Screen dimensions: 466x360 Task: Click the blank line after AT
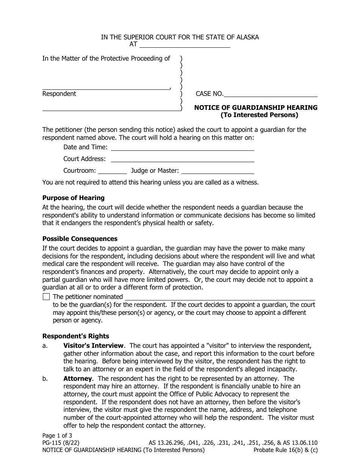[185, 44]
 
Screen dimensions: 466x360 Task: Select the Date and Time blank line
[182, 147]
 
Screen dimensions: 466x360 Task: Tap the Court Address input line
[182, 159]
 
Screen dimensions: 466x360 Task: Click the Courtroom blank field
[113, 171]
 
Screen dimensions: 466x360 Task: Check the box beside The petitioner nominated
[46, 297]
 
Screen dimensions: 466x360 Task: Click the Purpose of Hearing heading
[74, 198]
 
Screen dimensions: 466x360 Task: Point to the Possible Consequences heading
[80, 239]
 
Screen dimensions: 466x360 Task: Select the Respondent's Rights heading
[76, 336]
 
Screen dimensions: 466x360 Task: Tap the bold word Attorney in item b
[78, 378]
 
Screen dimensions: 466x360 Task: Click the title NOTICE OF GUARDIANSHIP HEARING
[256, 108]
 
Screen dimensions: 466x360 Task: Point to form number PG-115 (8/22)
[61, 443]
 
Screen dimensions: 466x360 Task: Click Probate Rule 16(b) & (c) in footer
[285, 450]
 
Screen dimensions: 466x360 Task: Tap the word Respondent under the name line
[59, 94]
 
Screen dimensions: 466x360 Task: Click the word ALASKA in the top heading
[248, 37]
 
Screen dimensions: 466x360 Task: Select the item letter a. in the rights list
[45, 346]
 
